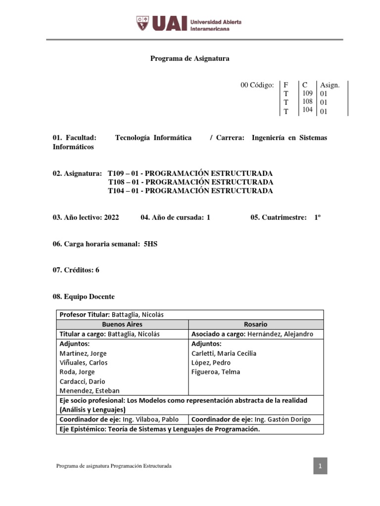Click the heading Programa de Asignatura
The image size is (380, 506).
tap(190, 59)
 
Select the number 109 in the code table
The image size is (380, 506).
tap(307, 93)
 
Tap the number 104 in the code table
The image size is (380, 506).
tap(307, 110)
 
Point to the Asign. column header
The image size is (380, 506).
tap(330, 85)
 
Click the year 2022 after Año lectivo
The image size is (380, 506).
tap(112, 217)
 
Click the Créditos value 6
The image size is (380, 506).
tap(97, 270)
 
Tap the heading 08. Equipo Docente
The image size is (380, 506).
tap(84, 296)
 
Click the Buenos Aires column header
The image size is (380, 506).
tap(122, 325)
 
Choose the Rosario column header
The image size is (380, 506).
tap(255, 325)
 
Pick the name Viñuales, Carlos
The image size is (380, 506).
tap(83, 363)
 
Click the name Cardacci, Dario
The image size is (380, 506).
tap(82, 381)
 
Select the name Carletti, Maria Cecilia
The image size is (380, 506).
tap(224, 353)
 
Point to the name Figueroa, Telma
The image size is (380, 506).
tap(215, 372)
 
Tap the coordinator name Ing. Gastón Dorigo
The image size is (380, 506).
tap(281, 420)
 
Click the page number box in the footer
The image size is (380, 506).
tap(320, 466)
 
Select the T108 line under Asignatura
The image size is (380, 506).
tap(190, 182)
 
